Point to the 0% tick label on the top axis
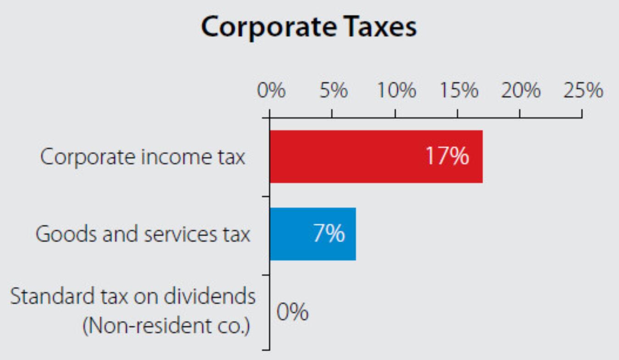pyautogui.click(x=271, y=91)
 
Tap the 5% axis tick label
pyautogui.click(x=333, y=91)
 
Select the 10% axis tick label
pyautogui.click(x=396, y=91)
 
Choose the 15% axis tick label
pyautogui.click(x=458, y=91)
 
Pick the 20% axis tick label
pyautogui.click(x=520, y=91)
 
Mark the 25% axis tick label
pyautogui.click(x=583, y=91)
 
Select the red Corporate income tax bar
pyautogui.click(x=349, y=157)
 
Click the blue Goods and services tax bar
pyautogui.click(x=294, y=234)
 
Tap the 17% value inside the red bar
pyautogui.click(x=447, y=157)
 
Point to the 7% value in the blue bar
pyautogui.click(x=329, y=234)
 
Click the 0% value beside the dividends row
pyautogui.click(x=292, y=313)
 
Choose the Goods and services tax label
pyautogui.click(x=143, y=234)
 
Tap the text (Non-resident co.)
pyautogui.click(x=167, y=326)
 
